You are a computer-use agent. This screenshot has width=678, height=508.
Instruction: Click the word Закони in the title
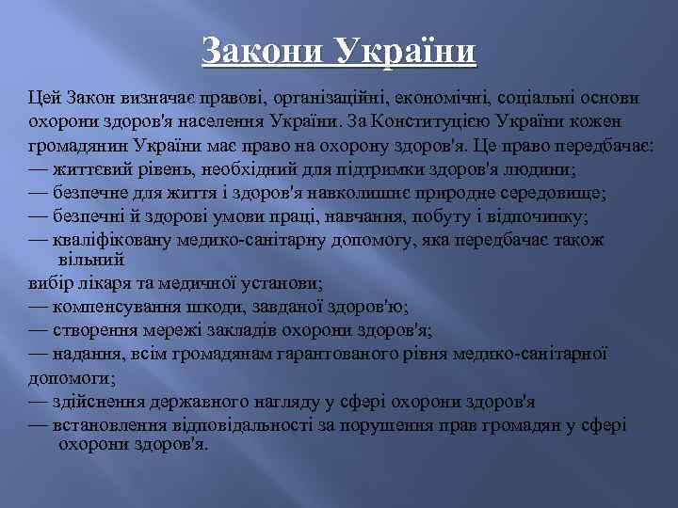click(x=260, y=53)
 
